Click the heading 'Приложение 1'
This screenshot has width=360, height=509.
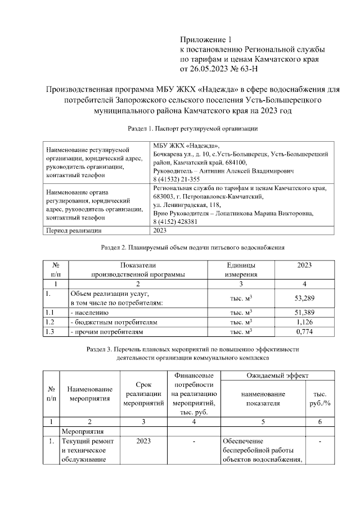tap(205, 39)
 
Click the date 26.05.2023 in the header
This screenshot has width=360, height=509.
tap(210, 69)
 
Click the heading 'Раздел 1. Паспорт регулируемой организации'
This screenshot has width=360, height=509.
tap(192, 129)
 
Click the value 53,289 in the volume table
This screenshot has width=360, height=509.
tap(304, 297)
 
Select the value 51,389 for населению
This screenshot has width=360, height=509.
tap(304, 312)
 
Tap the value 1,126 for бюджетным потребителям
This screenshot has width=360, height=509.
tap(304, 322)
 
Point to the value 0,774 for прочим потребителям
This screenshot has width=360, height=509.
tap(304, 332)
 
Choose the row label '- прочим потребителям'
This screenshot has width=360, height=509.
tap(106, 332)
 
